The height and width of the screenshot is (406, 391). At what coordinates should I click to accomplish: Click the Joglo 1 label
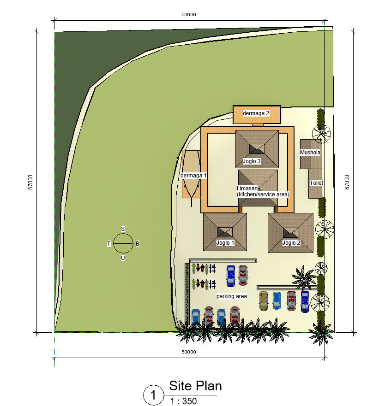[225, 243]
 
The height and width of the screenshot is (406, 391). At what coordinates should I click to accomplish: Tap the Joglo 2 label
[291, 243]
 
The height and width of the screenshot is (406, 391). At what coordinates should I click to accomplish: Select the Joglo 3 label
[252, 161]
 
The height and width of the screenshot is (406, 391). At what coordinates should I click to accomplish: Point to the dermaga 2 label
[256, 113]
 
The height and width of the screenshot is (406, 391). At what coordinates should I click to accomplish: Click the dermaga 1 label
[193, 176]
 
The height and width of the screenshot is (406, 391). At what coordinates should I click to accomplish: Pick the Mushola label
[310, 153]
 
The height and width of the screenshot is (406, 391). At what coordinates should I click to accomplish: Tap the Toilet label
[316, 183]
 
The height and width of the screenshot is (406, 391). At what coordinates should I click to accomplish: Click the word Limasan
[247, 188]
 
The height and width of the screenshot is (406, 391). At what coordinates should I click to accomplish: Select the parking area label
[231, 296]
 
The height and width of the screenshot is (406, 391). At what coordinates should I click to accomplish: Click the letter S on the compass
[123, 229]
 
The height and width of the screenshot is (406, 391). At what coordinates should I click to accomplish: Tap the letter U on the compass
[123, 258]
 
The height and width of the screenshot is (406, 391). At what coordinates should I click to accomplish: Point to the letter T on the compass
[108, 244]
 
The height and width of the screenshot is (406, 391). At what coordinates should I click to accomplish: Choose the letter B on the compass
[138, 244]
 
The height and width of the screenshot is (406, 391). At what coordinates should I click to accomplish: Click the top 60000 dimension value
[189, 14]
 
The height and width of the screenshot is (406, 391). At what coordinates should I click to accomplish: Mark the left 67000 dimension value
[30, 182]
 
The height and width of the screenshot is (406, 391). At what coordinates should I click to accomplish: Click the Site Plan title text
[195, 386]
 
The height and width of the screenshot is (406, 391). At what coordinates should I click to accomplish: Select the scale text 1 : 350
[183, 401]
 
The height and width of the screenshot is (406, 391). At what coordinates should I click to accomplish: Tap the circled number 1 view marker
[154, 395]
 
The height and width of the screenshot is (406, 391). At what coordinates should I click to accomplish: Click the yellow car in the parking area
[263, 301]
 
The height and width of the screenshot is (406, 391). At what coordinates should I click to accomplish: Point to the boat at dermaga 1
[192, 176]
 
